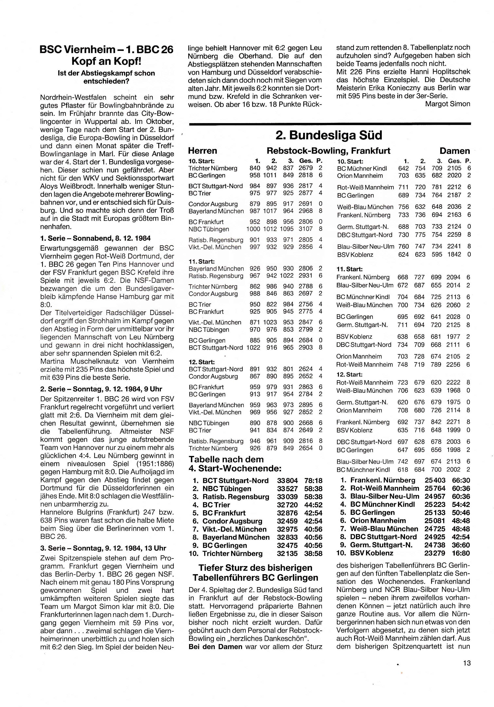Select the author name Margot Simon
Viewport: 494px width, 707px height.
click(447, 104)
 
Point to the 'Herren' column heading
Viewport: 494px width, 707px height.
click(202, 151)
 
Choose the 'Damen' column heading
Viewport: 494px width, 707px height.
click(455, 151)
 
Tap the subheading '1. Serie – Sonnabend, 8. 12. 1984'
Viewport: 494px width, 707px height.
click(95, 238)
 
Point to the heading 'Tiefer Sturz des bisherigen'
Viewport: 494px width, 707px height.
click(255, 568)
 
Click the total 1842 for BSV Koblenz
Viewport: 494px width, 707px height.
click(454, 254)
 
